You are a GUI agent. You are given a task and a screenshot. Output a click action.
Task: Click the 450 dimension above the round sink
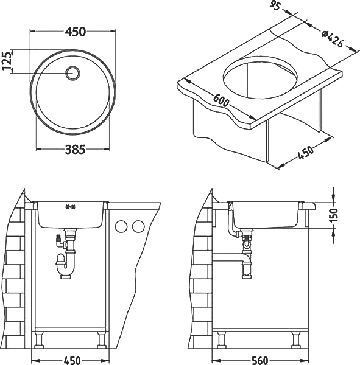[76, 32]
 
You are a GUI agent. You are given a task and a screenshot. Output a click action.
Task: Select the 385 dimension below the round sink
[75, 149]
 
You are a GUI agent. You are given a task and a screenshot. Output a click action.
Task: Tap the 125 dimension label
[7, 61]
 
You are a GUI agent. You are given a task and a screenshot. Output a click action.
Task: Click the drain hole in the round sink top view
[73, 73]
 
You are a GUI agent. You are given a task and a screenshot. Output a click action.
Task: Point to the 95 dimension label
[275, 7]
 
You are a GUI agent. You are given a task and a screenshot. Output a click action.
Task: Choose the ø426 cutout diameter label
[333, 39]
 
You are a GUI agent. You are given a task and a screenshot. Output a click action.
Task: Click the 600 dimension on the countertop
[221, 100]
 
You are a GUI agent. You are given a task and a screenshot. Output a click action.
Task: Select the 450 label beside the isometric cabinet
[305, 153]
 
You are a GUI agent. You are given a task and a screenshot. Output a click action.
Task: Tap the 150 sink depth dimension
[334, 215]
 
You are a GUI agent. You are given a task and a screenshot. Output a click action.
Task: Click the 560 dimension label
[259, 361]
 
